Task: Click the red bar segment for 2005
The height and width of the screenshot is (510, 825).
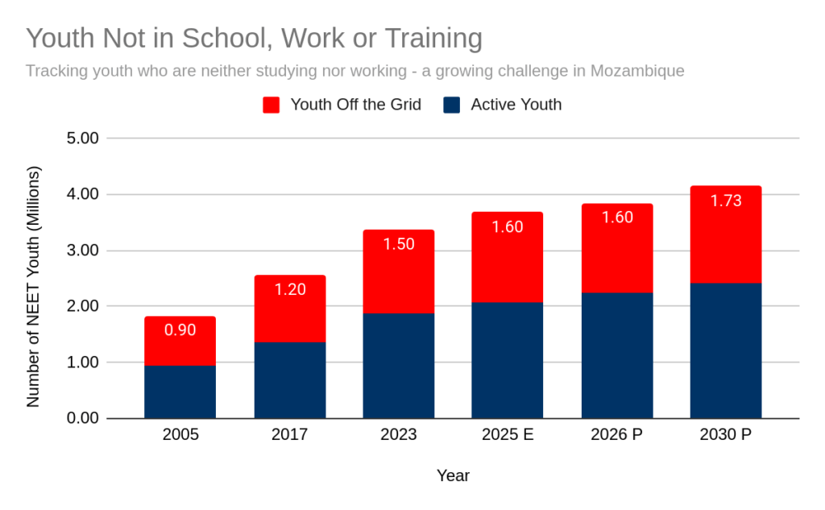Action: click(180, 341)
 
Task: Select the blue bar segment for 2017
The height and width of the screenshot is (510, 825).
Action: click(289, 380)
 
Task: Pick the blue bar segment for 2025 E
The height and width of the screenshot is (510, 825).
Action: click(508, 360)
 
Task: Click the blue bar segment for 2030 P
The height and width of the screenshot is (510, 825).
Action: click(726, 350)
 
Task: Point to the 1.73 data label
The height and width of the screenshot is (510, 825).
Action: click(726, 201)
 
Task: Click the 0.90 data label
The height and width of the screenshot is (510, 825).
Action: click(180, 330)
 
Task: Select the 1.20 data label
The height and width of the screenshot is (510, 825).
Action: click(289, 289)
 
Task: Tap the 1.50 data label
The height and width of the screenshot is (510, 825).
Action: click(398, 244)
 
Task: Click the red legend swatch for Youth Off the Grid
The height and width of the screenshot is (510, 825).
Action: click(272, 105)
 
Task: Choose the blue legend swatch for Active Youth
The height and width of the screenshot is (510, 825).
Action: click(452, 105)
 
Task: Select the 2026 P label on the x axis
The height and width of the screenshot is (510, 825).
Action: click(616, 435)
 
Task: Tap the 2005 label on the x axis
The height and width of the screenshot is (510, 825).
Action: click(180, 435)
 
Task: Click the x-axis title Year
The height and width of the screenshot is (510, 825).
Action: click(453, 475)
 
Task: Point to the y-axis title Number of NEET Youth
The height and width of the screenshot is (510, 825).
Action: click(33, 287)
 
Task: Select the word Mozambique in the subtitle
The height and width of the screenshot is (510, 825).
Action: click(637, 71)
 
